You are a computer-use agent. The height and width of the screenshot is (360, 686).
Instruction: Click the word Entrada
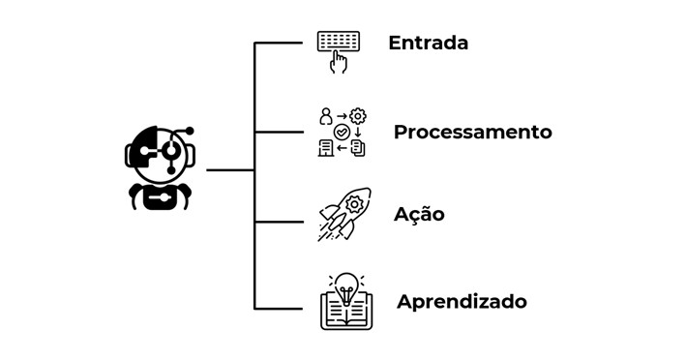coord(428,44)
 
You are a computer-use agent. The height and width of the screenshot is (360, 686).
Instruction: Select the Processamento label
coord(472,132)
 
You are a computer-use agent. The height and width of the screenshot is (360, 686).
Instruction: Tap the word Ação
coord(419,214)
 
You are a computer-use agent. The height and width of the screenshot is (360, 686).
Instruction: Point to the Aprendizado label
coord(462,301)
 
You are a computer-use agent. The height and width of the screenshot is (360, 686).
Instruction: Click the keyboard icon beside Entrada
coord(338,42)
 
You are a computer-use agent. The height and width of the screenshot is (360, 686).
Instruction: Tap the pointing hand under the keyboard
coord(339,63)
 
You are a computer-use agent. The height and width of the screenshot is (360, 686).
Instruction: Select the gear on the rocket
coord(353,204)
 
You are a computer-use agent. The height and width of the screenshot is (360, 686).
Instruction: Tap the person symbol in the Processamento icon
coord(325,115)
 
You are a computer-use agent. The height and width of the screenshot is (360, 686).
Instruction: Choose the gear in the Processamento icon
coord(357,115)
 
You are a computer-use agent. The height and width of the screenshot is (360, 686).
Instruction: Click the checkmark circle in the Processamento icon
coord(341,132)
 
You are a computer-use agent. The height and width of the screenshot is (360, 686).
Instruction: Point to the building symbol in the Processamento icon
coord(325,147)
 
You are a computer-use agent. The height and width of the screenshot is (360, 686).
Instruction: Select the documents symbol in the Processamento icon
coord(358,148)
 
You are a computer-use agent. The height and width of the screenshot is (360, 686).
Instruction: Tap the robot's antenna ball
coord(190,131)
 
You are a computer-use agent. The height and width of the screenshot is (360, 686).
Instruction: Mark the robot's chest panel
coord(159,199)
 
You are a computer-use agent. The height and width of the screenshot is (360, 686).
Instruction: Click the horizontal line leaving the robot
coord(230,170)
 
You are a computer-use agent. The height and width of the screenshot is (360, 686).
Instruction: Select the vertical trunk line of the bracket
coord(254,174)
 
